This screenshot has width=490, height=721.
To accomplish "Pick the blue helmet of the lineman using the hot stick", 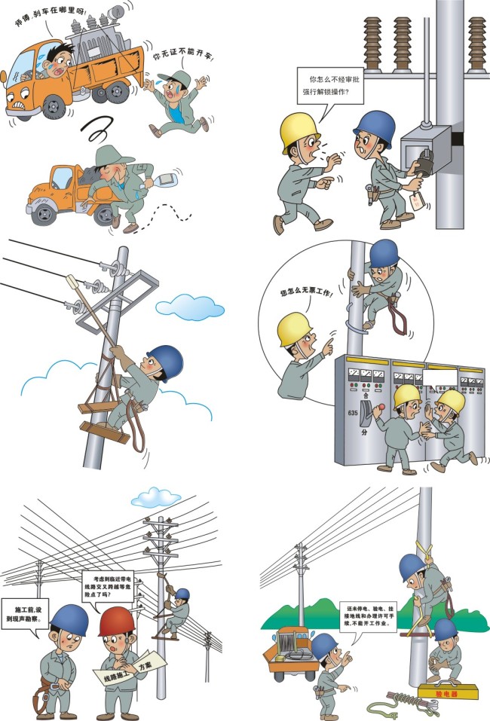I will click(165, 362).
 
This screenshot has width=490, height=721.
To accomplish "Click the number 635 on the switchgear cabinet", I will click(352, 414).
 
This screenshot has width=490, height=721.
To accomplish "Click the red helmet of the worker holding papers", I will click(117, 621).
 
